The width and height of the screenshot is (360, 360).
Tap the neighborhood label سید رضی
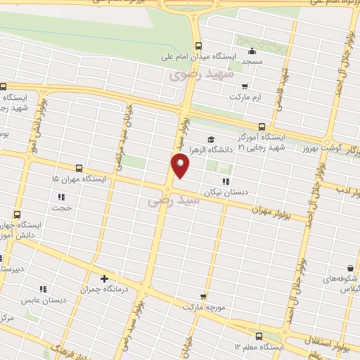pyautogui.click(x=174, y=201)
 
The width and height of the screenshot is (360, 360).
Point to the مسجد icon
pyautogui.click(x=252, y=50)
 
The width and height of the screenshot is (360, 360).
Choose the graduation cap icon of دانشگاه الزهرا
pyautogui.click(x=211, y=138)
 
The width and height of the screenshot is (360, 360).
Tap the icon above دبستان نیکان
pyautogui.click(x=225, y=182)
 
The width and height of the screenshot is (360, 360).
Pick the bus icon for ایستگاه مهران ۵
pyautogui.click(x=77, y=169)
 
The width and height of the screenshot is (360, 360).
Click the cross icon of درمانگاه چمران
pyautogui.click(x=104, y=278)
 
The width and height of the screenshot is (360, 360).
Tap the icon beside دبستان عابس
pyautogui.click(x=42, y=288)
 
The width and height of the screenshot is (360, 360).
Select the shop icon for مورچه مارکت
pyautogui.click(x=204, y=297)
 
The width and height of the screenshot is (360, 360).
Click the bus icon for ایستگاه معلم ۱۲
pyautogui.click(x=259, y=335)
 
